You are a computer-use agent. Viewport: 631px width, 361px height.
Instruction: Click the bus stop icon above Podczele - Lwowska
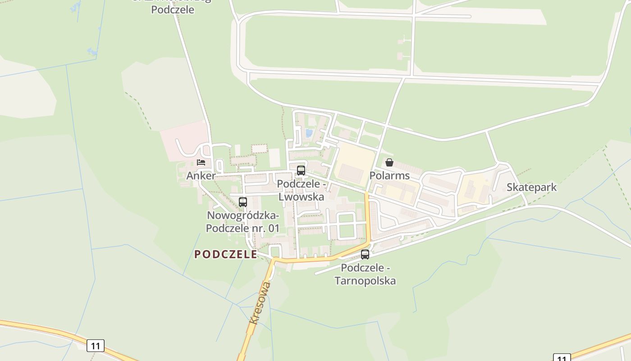click(x=301, y=171)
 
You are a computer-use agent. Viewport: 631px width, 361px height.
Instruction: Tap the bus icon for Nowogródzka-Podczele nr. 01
click(x=243, y=202)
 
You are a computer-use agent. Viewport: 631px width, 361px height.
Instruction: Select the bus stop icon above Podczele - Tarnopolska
click(x=365, y=254)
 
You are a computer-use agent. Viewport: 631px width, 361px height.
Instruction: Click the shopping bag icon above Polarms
click(x=389, y=162)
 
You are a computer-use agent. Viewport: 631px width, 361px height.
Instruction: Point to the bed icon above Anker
click(x=201, y=162)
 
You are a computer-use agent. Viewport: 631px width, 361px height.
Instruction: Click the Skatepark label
click(x=531, y=187)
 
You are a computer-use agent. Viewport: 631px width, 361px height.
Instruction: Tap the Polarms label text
click(x=389, y=176)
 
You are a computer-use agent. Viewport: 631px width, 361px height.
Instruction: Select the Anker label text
click(x=201, y=176)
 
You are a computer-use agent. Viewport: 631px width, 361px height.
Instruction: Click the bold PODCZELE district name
click(x=225, y=255)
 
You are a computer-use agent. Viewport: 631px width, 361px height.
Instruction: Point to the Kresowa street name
click(x=261, y=302)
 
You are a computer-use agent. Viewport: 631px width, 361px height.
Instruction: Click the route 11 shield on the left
click(x=96, y=346)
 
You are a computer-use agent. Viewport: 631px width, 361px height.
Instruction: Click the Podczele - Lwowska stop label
click(x=301, y=190)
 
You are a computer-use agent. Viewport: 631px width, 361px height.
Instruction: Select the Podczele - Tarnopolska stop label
click(x=365, y=274)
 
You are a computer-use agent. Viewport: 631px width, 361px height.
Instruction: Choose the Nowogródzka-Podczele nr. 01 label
click(x=243, y=222)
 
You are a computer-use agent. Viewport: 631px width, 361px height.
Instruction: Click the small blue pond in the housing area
click(x=309, y=133)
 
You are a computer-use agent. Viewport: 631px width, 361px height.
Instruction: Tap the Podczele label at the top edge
click(x=173, y=9)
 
